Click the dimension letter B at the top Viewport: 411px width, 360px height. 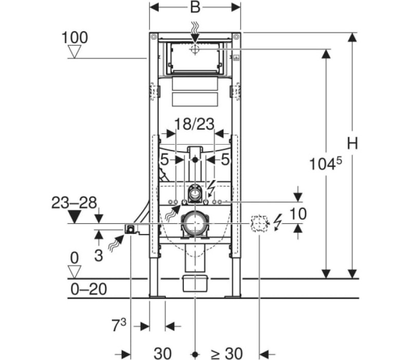(195, 7)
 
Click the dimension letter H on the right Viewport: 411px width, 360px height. (352, 143)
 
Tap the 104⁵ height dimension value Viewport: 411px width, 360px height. (326, 164)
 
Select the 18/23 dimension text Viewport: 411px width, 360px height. (194, 124)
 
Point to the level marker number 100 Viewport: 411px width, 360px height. (74, 38)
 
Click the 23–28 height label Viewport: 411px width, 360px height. (74, 203)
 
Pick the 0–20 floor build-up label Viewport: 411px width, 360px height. (89, 289)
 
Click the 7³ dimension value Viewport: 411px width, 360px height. (119, 326)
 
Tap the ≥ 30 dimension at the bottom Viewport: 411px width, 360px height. (227, 353)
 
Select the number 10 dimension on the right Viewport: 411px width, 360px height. (298, 214)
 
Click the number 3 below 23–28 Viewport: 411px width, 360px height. (98, 256)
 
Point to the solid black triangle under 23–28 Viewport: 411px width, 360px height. (74, 217)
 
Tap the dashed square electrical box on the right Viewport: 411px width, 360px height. (259, 224)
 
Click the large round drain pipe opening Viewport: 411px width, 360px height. (195, 223)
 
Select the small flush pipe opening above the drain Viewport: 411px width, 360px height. (195, 193)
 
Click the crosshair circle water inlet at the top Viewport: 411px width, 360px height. (195, 49)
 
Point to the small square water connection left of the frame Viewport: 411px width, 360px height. (130, 229)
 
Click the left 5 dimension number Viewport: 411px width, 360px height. (164, 159)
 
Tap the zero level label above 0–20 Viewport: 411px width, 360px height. (74, 258)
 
